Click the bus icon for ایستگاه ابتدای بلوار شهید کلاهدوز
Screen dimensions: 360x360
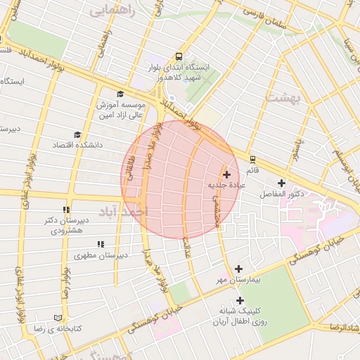(x=179, y=56)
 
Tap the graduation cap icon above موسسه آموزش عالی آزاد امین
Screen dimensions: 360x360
(x=120, y=94)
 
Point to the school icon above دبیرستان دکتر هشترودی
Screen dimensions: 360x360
(x=67, y=210)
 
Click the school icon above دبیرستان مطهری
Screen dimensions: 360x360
(x=101, y=244)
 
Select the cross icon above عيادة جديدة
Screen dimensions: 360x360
(x=226, y=174)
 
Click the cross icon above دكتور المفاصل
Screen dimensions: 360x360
(x=281, y=183)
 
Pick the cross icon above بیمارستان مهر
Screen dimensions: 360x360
(x=239, y=269)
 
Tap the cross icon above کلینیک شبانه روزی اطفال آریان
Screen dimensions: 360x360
(x=240, y=300)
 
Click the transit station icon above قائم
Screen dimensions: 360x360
(x=252, y=158)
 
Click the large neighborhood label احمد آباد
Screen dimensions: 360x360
(x=123, y=211)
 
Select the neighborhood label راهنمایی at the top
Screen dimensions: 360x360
(x=110, y=11)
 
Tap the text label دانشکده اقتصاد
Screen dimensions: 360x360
(x=77, y=144)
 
